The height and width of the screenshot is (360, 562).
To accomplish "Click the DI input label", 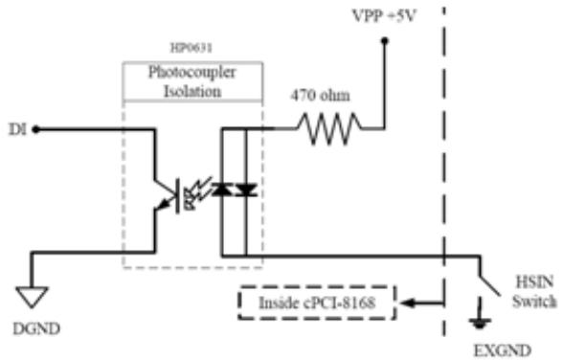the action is click(x=17, y=129).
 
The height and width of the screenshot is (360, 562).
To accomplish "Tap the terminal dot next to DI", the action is click(x=35, y=129).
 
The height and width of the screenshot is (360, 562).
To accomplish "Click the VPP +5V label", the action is click(x=384, y=16).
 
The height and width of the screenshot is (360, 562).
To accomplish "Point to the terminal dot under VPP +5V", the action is click(x=385, y=41).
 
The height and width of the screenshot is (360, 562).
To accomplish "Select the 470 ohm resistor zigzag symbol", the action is click(x=329, y=128).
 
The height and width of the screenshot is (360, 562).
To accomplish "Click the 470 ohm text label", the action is click(x=320, y=96).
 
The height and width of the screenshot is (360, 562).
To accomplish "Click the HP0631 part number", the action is click(x=191, y=48).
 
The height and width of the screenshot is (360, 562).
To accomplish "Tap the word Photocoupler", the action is click(x=192, y=72).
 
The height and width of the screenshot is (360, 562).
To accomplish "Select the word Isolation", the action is click(x=192, y=91).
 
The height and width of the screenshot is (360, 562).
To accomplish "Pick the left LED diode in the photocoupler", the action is click(x=222, y=190).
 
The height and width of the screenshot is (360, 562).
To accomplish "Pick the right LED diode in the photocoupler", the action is click(x=247, y=190).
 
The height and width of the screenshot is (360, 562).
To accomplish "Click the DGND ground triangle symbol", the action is click(x=32, y=297).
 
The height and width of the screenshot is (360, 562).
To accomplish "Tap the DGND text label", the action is click(x=36, y=328).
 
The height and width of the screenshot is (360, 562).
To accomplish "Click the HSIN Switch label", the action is click(x=534, y=291).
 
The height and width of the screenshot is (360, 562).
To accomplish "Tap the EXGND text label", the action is click(x=503, y=350).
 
